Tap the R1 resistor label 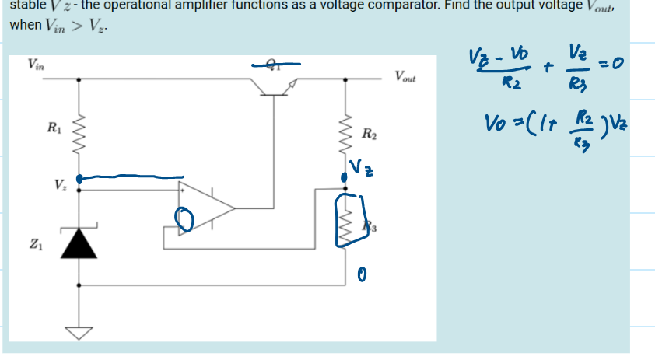tap(52, 127)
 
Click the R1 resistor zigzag tap(79, 128)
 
